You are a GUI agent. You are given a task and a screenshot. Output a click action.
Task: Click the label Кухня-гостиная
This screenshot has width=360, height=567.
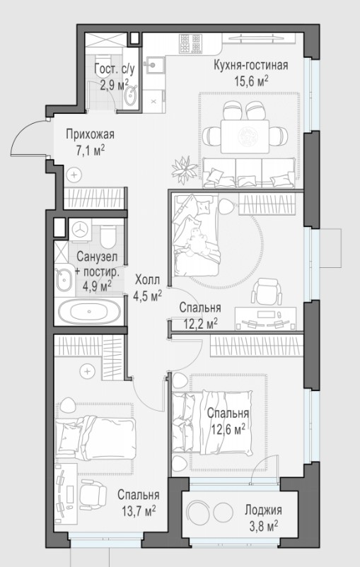tap(251, 66)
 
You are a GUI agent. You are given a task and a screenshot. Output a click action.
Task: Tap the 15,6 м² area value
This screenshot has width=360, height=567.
tap(252, 81)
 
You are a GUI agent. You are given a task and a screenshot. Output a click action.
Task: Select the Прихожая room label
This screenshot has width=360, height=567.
tap(90, 134)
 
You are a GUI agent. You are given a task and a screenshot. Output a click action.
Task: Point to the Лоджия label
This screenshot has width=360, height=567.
tap(263, 510)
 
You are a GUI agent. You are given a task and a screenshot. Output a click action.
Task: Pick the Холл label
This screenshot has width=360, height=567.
tap(147, 279)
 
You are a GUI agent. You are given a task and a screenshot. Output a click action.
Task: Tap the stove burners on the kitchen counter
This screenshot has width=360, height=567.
tap(190, 43)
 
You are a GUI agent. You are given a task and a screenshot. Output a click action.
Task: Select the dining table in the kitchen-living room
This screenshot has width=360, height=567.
tap(245, 136)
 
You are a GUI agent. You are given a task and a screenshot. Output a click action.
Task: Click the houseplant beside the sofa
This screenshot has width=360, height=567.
tap(185, 169)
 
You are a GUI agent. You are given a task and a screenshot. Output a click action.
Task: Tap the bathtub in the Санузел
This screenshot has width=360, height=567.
tap(89, 312)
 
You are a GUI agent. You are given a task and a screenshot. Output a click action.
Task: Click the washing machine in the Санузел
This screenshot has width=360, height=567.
tap(80, 229)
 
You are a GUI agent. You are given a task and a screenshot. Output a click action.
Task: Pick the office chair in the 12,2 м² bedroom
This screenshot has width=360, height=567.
tap(267, 291)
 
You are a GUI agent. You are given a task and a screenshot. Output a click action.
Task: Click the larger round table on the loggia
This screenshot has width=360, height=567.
tap(198, 511)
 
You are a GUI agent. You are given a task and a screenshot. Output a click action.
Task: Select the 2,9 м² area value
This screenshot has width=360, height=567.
tap(114, 85)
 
